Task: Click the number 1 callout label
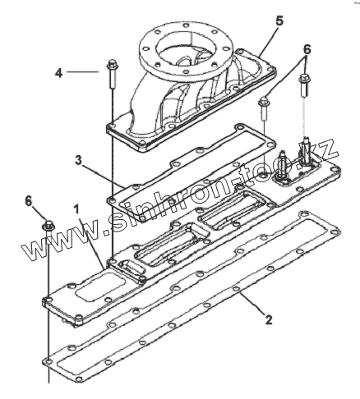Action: [x=76, y=209]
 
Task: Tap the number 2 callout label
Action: [x=269, y=319]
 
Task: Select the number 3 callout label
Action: [x=79, y=161]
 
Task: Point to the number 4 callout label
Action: [x=58, y=73]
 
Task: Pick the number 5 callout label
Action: [x=279, y=21]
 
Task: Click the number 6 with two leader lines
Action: [x=307, y=50]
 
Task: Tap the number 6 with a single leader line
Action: [x=29, y=201]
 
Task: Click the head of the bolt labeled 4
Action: [x=113, y=65]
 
